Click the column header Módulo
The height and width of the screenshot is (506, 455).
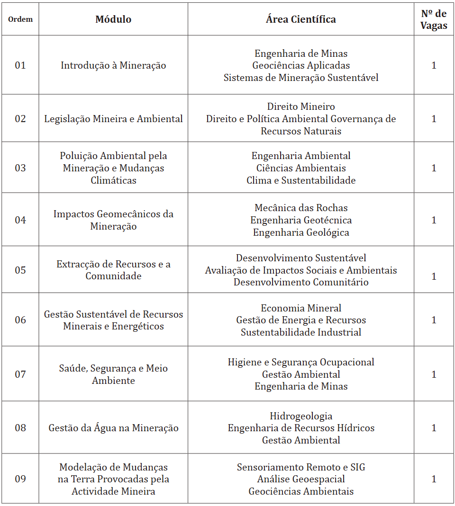(x=113, y=19)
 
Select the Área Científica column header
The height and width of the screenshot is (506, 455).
(x=300, y=19)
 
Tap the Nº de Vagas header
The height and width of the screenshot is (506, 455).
(x=434, y=20)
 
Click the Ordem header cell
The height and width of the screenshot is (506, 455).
(x=20, y=19)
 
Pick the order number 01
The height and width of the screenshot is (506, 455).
(x=20, y=65)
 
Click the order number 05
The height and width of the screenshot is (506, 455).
(x=20, y=270)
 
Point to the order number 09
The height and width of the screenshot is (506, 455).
(x=20, y=479)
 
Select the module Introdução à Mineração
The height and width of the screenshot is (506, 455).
(x=113, y=65)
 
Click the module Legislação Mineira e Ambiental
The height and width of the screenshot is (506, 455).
(x=113, y=119)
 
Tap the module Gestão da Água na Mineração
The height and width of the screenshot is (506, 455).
(x=113, y=428)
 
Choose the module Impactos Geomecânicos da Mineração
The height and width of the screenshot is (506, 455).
(x=113, y=220)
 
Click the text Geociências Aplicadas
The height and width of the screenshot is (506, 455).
(x=301, y=65)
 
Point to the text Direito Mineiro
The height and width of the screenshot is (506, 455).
(x=301, y=107)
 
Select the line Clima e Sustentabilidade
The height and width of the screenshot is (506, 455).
(x=301, y=180)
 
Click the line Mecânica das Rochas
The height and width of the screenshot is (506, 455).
(x=301, y=208)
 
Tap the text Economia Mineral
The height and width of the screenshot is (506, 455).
(x=301, y=308)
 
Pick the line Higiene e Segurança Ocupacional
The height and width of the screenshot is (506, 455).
(x=301, y=362)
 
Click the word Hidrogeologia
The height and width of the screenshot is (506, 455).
(x=301, y=416)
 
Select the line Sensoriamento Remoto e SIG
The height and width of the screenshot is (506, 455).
(x=301, y=467)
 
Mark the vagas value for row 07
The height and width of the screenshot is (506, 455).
(x=434, y=374)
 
